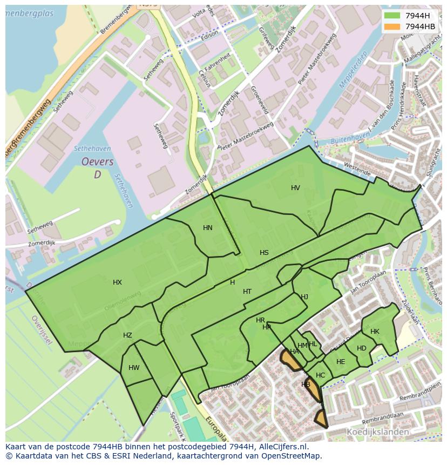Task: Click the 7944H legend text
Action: [417, 15]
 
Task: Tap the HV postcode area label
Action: [295, 188]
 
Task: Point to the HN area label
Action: [208, 228]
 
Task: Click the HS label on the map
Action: [264, 253]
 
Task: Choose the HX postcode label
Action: [117, 282]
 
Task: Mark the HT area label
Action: [247, 292]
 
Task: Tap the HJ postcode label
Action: [304, 297]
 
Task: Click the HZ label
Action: [127, 335]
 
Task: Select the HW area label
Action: [134, 368]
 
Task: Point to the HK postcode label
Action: [375, 332]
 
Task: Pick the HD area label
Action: [362, 348]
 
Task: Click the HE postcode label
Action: [341, 362]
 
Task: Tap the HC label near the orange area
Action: [321, 375]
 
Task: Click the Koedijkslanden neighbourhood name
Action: [377, 432]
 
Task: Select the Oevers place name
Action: [97, 162]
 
